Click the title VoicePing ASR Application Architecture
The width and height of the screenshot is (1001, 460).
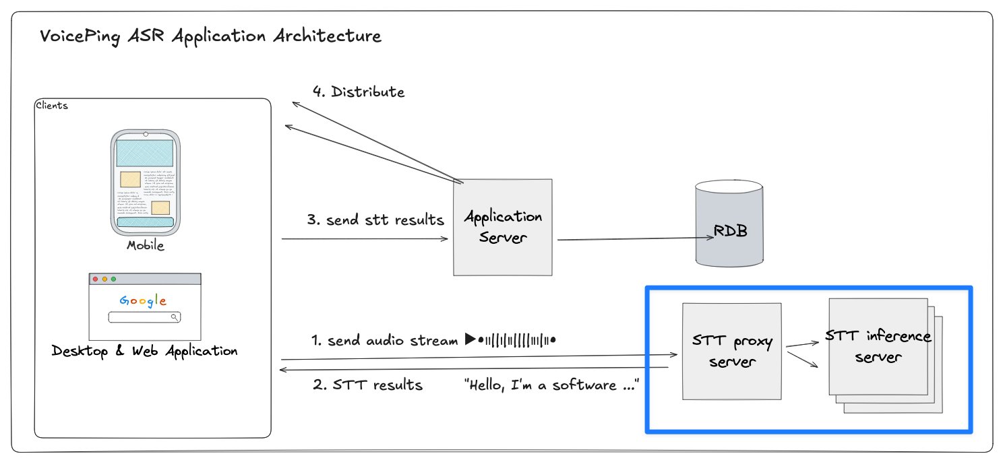pyautogui.click(x=210, y=36)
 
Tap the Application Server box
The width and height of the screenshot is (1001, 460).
pyautogui.click(x=503, y=227)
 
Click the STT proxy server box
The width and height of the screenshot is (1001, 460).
pyautogui.click(x=731, y=351)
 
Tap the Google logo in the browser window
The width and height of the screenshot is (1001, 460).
pyautogui.click(x=143, y=300)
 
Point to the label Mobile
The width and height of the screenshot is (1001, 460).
pyautogui.click(x=146, y=246)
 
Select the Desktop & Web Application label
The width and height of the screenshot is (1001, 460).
pyautogui.click(x=144, y=351)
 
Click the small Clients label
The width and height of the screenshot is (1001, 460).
pyautogui.click(x=52, y=106)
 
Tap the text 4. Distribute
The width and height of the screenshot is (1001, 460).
pyautogui.click(x=359, y=92)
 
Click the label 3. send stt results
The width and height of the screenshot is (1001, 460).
pyautogui.click(x=376, y=220)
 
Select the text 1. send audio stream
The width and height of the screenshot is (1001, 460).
pyautogui.click(x=385, y=341)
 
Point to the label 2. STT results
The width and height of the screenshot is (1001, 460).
pyautogui.click(x=368, y=385)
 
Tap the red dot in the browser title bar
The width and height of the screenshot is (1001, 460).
pyautogui.click(x=96, y=279)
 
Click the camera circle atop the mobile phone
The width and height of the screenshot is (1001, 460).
pyautogui.click(x=146, y=134)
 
